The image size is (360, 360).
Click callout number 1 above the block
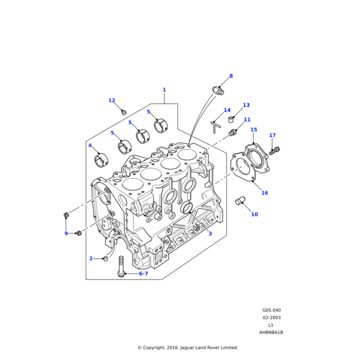[x=164, y=90]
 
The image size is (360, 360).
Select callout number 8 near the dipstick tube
[x=230, y=76]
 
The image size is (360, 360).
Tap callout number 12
[x=112, y=101]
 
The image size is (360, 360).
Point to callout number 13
[x=246, y=105]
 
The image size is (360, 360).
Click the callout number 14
[x=227, y=110]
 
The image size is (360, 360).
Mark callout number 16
[x=265, y=193]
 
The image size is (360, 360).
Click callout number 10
[x=254, y=214]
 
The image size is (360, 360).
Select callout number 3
[x=210, y=233]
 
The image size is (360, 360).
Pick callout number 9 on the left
[x=66, y=233]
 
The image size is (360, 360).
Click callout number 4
[x=90, y=145]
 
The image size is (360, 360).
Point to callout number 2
[x=91, y=259]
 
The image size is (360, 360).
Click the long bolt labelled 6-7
[x=122, y=266]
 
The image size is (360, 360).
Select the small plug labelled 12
[x=124, y=112]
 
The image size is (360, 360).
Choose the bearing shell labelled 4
[x=101, y=160]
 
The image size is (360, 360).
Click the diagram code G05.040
[x=271, y=310]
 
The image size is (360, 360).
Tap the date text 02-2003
[x=271, y=317]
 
